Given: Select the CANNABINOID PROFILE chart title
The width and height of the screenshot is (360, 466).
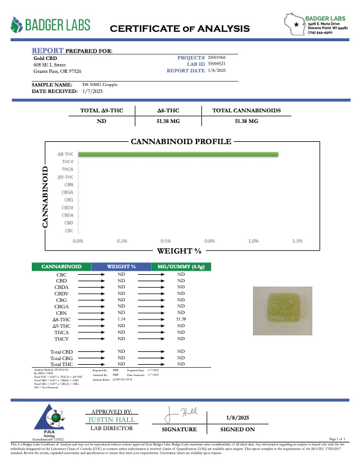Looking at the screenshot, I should (x=181, y=142).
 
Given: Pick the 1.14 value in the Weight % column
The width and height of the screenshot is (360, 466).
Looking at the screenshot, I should (x=122, y=319).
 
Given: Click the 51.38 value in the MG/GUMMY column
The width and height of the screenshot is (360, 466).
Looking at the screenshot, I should (x=181, y=319).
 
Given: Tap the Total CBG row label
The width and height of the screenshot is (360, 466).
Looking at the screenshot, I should (x=61, y=358).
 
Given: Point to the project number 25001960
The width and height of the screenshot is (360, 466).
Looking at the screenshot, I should (x=218, y=58).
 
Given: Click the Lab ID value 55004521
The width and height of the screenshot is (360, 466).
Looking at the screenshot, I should (x=218, y=64).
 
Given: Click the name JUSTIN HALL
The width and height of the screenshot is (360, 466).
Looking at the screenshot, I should (x=112, y=420).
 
